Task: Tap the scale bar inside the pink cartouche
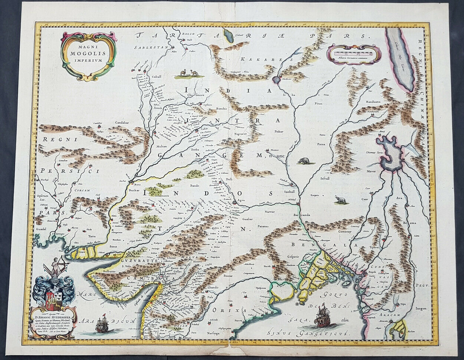coord(353,53)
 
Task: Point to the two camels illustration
coord(189,73)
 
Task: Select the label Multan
coord(161,147)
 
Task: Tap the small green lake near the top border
coord(228,37)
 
